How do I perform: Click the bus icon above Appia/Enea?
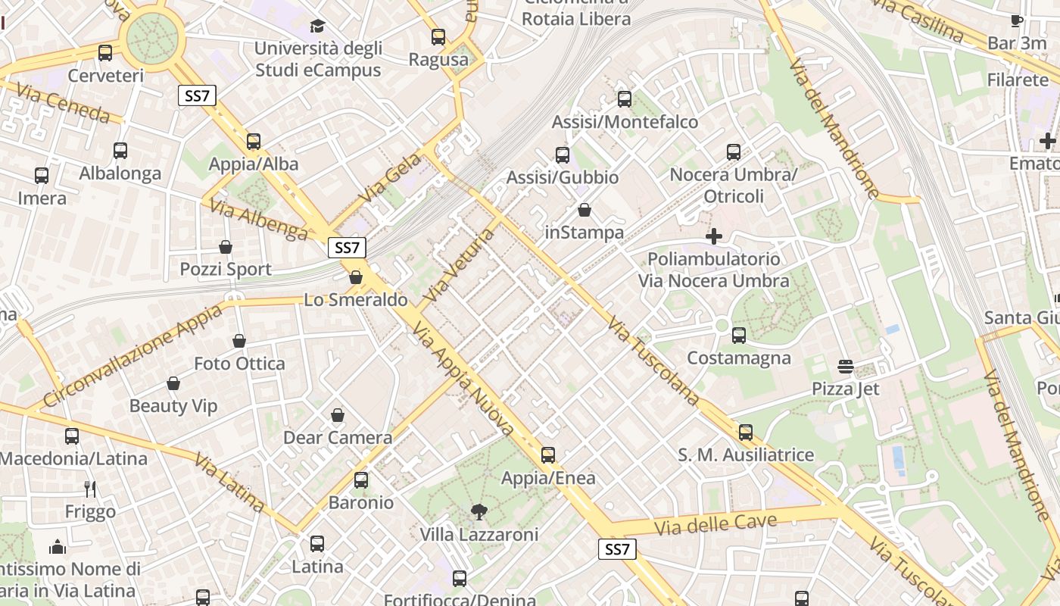(547, 455)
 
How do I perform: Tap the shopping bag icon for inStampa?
(585, 210)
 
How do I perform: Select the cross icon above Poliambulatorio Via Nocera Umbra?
(713, 236)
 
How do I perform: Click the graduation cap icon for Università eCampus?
(317, 26)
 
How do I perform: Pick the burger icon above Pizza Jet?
(846, 367)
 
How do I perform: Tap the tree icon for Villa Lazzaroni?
(479, 512)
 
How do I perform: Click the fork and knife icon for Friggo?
(90, 489)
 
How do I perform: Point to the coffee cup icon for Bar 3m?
(1016, 20)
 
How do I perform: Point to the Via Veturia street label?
(460, 265)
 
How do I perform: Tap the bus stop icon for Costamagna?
(739, 335)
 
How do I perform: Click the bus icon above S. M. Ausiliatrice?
(746, 433)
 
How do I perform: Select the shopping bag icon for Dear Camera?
(338, 415)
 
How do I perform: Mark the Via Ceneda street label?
(63, 103)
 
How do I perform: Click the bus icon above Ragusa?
(438, 36)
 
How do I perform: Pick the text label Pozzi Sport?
(226, 270)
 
